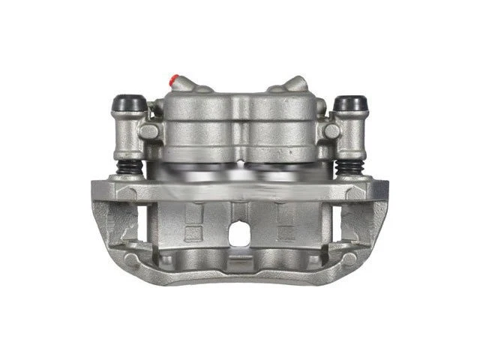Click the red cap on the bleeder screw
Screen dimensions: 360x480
[175, 79]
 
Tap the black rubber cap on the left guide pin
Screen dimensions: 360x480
[128, 102]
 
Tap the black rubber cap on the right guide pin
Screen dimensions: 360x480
[350, 103]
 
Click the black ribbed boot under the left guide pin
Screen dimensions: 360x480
[130, 167]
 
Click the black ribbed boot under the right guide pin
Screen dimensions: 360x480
[349, 167]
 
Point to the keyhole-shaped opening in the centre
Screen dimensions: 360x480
[239, 234]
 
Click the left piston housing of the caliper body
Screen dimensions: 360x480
[198, 127]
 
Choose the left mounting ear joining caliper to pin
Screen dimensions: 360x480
[150, 131]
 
